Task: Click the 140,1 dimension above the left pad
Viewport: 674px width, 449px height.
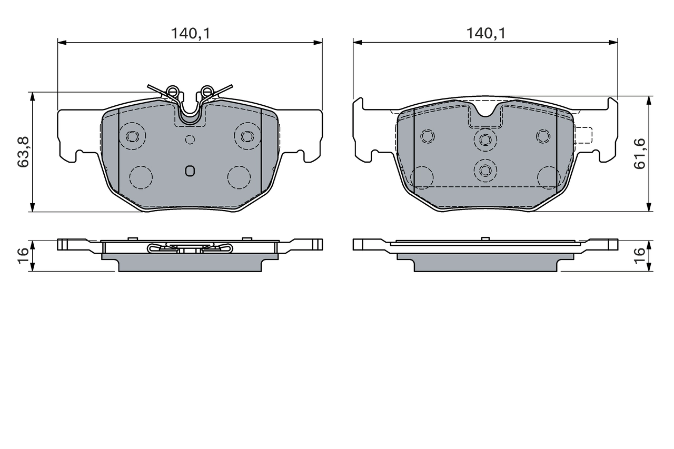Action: coord(190,34)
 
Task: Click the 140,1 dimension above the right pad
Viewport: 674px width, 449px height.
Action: coord(485,34)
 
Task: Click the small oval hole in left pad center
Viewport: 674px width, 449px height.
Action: coord(190,171)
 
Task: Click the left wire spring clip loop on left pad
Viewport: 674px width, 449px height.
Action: coord(171,92)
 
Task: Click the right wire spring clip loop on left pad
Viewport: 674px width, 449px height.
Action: coord(208,92)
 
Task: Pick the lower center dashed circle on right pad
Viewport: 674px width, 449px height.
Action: coord(485,170)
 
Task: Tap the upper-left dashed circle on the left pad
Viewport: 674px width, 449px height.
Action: coord(132,136)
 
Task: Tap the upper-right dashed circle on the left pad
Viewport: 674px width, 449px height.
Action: coord(246,136)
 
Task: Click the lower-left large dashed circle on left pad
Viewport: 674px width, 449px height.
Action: coord(141,177)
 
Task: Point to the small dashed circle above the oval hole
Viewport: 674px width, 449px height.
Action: coord(190,139)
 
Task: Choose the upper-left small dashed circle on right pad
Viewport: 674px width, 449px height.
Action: coord(427,136)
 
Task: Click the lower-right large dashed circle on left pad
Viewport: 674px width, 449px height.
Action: coord(239,177)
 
